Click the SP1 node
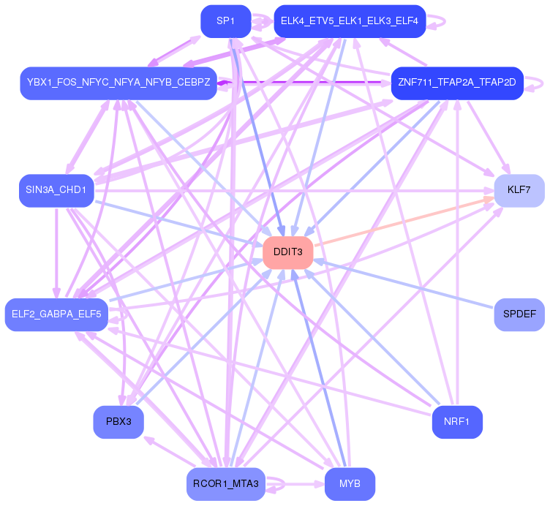pyautogui.click(x=225, y=21)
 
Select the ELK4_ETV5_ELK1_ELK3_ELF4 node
pyautogui.click(x=350, y=21)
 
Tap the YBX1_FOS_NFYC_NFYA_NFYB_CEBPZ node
pyautogui.click(x=118, y=83)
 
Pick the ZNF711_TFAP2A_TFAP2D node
pyautogui.click(x=457, y=83)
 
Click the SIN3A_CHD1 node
pyautogui.click(x=56, y=191)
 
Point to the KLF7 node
pyautogui.click(x=519, y=191)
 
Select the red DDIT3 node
pyautogui.click(x=288, y=252)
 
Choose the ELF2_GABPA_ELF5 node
pyautogui.click(x=56, y=314)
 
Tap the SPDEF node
pyautogui.click(x=519, y=314)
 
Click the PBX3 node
pyautogui.click(x=118, y=422)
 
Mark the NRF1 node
pyautogui.click(x=457, y=422)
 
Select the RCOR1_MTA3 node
pyautogui.click(x=225, y=484)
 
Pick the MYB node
pyautogui.click(x=350, y=484)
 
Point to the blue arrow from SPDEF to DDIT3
pyautogui.click(x=410, y=285)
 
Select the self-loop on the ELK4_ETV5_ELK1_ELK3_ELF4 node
pyautogui.click(x=437, y=21)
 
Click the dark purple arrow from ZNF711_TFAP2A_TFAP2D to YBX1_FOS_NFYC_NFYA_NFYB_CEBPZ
pyautogui.click(x=307, y=83)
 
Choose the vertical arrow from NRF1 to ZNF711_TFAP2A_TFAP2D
pyautogui.click(x=457, y=256)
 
